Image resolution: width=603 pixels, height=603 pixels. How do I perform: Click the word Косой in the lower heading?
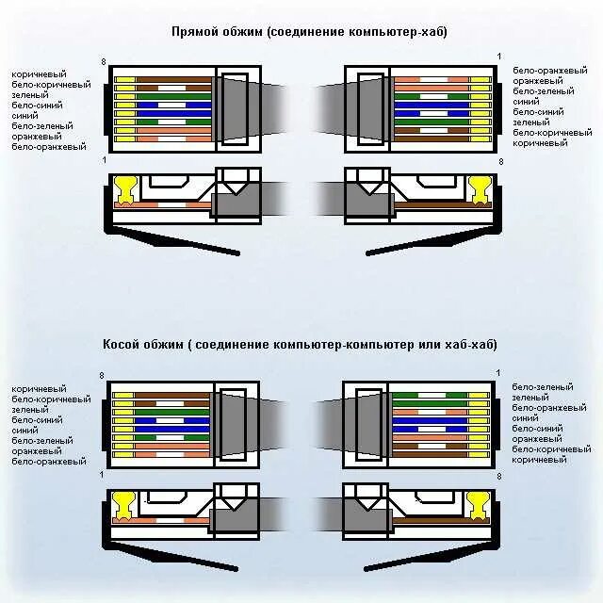click(x=122, y=344)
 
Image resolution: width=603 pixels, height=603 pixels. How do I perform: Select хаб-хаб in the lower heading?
click(x=473, y=344)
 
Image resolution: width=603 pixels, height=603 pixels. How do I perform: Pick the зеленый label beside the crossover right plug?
click(x=530, y=398)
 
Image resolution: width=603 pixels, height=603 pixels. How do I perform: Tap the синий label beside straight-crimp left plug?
click(x=24, y=116)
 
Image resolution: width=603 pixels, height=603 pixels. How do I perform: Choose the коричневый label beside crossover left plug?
click(x=39, y=388)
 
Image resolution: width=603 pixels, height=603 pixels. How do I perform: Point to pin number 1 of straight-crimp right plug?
click(x=499, y=58)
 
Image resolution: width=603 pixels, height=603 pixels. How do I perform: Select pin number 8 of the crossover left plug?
click(x=102, y=376)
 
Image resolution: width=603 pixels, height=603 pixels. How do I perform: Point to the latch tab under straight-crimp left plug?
click(x=179, y=243)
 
